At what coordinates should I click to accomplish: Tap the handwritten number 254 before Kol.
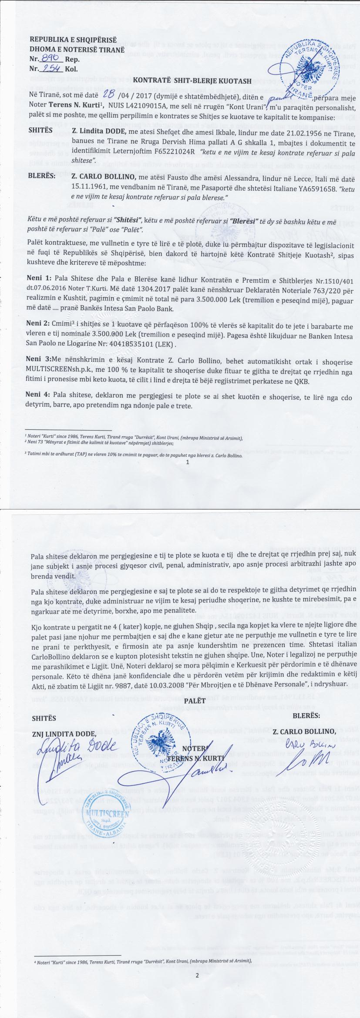(51, 68)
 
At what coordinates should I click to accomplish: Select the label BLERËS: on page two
(306, 715)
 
